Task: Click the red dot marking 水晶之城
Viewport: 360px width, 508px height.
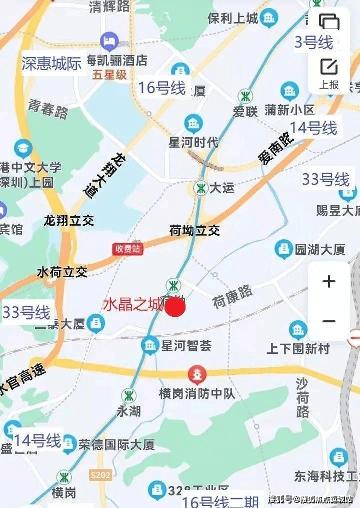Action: click(175, 307)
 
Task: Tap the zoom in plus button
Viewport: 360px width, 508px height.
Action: click(329, 282)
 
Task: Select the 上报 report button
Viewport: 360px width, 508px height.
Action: click(329, 73)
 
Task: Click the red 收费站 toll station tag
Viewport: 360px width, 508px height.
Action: click(127, 249)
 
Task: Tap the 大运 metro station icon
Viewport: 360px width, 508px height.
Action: click(201, 188)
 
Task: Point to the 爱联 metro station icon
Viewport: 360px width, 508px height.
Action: click(245, 95)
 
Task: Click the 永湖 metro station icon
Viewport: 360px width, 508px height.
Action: click(128, 395)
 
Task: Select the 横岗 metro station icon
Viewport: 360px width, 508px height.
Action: click(63, 477)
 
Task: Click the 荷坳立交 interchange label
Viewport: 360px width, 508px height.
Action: click(195, 231)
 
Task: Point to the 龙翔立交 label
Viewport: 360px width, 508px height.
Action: click(69, 220)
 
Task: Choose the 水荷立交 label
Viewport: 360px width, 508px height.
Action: click(62, 272)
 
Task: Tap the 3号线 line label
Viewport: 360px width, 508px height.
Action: click(313, 43)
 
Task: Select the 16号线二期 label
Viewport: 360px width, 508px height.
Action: click(220, 500)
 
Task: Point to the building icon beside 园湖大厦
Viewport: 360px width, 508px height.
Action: click(283, 249)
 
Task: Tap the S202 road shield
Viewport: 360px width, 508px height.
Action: click(101, 475)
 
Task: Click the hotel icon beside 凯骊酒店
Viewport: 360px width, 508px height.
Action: click(108, 40)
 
